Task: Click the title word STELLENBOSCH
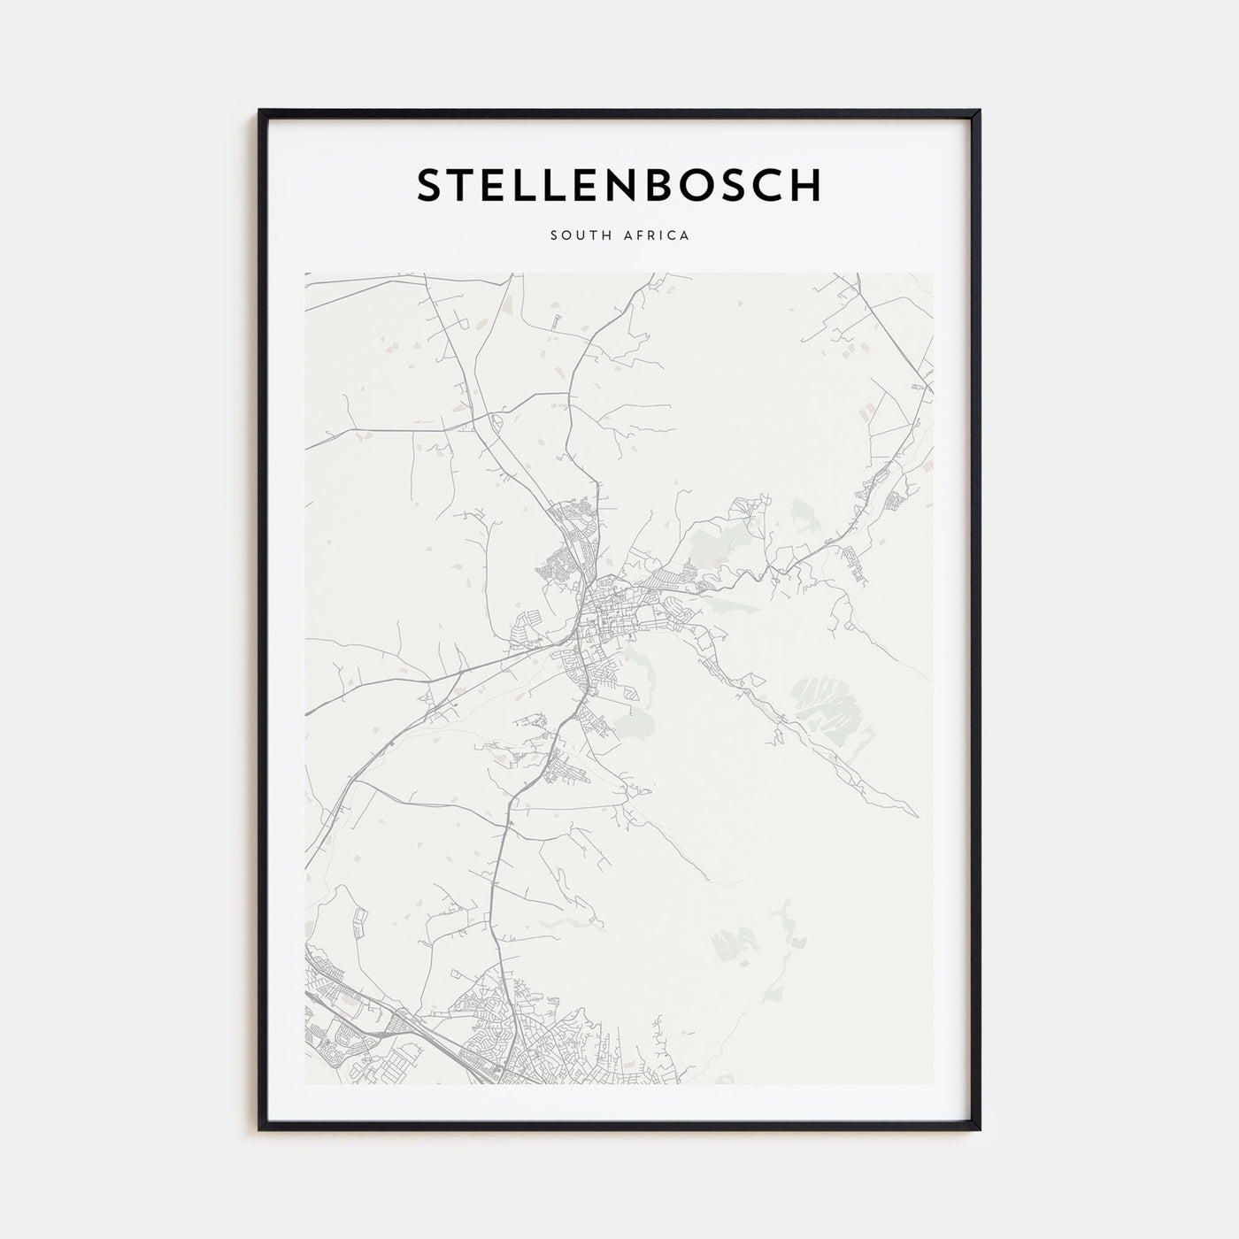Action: [x=619, y=185]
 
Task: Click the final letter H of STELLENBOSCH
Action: [x=806, y=185]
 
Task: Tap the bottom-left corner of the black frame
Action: [x=260, y=1130]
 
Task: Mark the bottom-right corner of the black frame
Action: [x=980, y=1130]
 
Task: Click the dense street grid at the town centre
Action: [x=611, y=619]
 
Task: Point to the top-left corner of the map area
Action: [x=305, y=273]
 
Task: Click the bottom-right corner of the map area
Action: [x=933, y=1084]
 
